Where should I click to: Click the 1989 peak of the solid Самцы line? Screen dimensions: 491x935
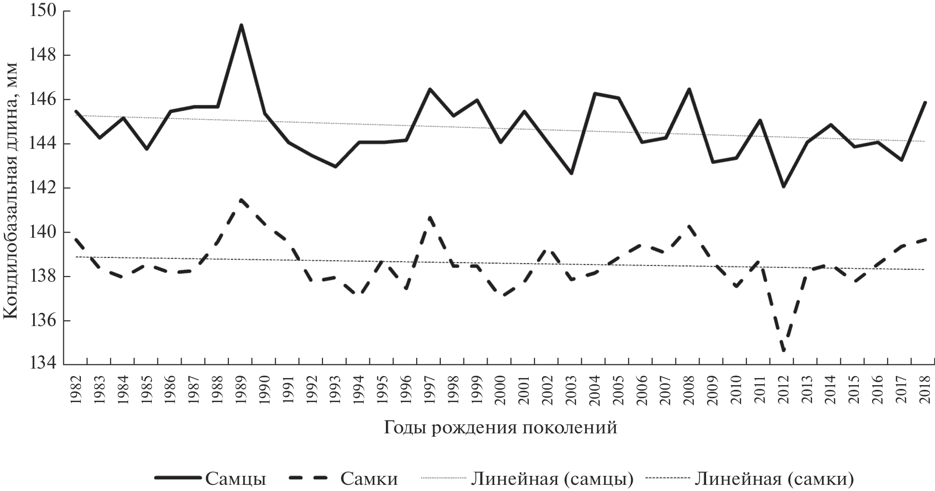pos(241,25)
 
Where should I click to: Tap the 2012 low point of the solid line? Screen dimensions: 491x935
pos(784,187)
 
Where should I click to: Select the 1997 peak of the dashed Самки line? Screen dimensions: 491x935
pos(429,217)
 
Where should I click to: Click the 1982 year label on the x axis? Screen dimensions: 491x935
pos(76,388)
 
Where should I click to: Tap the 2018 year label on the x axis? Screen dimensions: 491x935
pos(925,388)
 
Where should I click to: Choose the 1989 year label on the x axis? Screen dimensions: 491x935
pos(241,388)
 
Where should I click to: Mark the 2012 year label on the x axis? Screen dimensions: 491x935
pos(784,388)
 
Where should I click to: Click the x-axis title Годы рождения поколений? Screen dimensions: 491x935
pos(500,428)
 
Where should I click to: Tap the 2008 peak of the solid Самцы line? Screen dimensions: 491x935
pos(689,89)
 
